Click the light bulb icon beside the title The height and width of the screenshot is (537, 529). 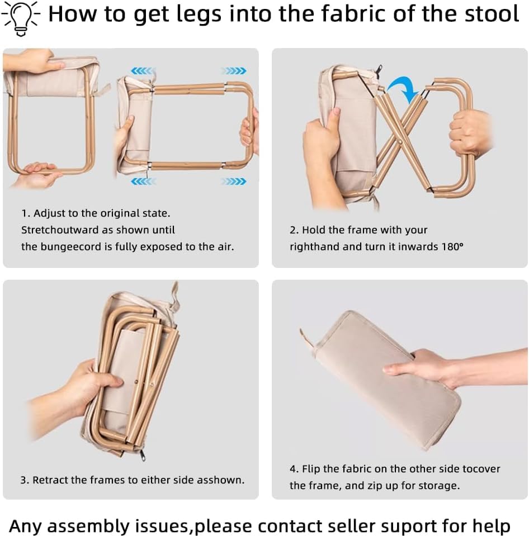pyautogui.click(x=21, y=18)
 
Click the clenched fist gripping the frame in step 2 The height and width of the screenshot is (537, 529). pyautogui.click(x=469, y=132)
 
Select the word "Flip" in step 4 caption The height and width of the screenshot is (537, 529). pyautogui.click(x=311, y=469)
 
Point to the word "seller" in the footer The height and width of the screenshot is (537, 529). pyautogui.click(x=346, y=526)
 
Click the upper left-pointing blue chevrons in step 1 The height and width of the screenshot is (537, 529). pyautogui.click(x=143, y=71)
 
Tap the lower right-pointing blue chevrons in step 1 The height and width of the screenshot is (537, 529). pyautogui.click(x=234, y=181)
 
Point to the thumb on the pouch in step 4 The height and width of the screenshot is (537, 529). pyautogui.click(x=398, y=369)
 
